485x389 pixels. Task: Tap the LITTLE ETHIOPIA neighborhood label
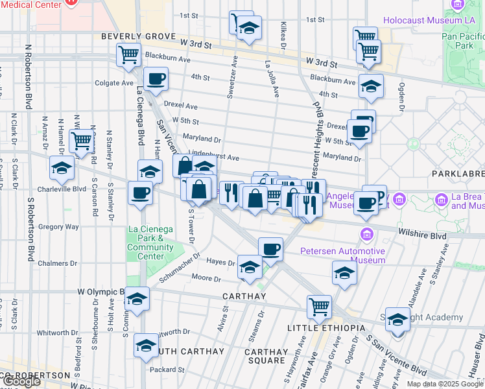(x=326, y=328)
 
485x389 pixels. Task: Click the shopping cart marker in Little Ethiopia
(x=319, y=307)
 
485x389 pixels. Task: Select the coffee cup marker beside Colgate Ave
(x=156, y=80)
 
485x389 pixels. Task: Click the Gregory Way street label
(x=58, y=227)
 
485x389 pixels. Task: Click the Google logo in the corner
(x=21, y=381)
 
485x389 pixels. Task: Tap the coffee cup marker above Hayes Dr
(x=270, y=248)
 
